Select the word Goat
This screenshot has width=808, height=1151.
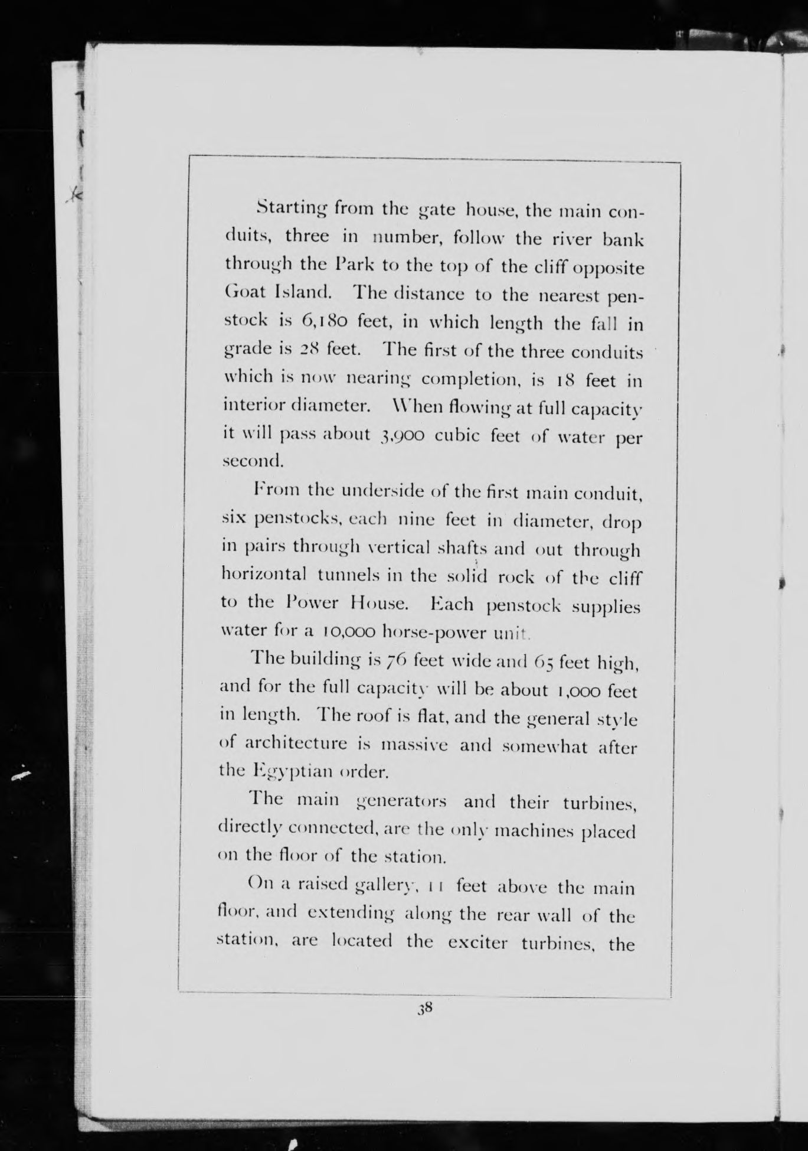pos(246,293)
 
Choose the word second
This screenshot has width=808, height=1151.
pos(253,461)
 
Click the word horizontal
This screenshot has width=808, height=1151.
pos(264,575)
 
